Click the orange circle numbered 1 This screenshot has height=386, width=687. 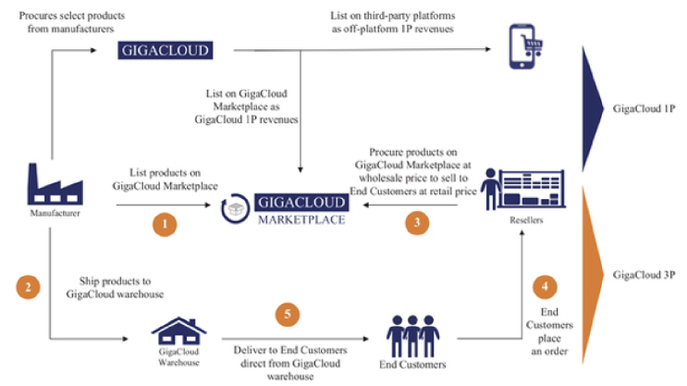coord(164,223)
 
